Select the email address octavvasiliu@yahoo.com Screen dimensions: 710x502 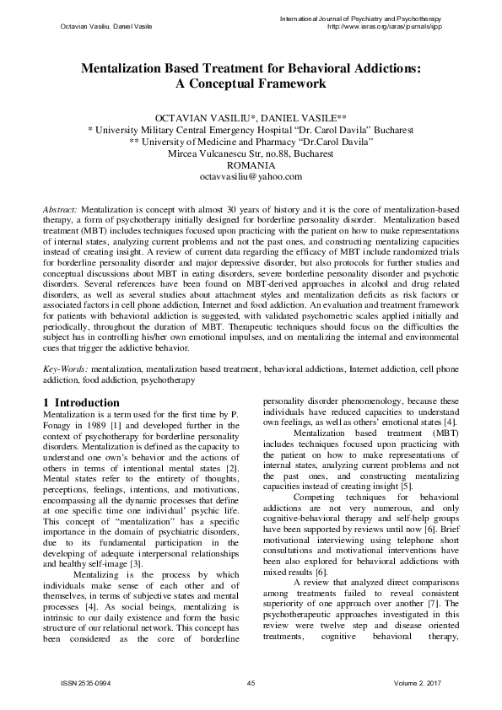coord(251,175)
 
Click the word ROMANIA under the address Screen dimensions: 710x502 coord(251,164)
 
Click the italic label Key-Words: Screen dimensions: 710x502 coord(65,368)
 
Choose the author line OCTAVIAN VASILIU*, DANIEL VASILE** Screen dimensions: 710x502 coord(251,118)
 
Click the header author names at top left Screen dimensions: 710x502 coord(94,28)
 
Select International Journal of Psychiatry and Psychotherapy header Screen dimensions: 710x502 coord(382,18)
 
